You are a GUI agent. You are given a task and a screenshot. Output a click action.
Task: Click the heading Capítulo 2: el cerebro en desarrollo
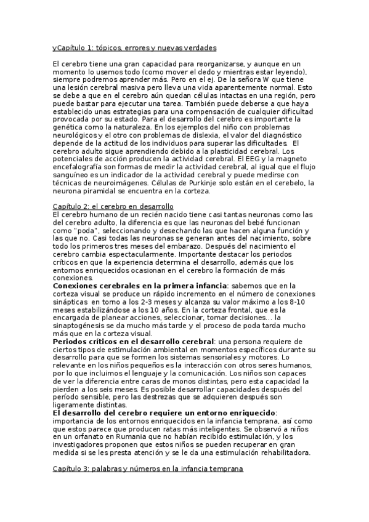click(x=113, y=206)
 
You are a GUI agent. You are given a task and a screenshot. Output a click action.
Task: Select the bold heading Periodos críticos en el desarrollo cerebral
click(x=133, y=340)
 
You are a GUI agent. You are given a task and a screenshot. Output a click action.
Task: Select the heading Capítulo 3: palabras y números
click(x=148, y=469)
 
